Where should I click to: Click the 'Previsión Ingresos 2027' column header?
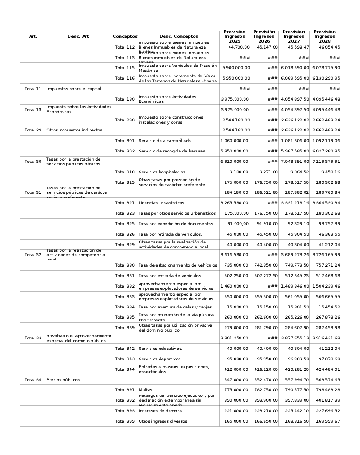294,36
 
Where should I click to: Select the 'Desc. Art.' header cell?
79,36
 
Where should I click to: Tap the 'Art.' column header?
33,36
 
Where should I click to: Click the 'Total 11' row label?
33,89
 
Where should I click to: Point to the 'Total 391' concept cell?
125,390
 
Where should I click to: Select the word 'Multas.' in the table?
146,390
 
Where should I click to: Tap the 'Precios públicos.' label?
64,379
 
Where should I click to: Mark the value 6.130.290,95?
326,78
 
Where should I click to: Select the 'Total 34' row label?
33,379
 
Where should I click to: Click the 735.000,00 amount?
236,265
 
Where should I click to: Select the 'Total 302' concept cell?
125,151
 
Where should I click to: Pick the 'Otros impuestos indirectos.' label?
75,130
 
